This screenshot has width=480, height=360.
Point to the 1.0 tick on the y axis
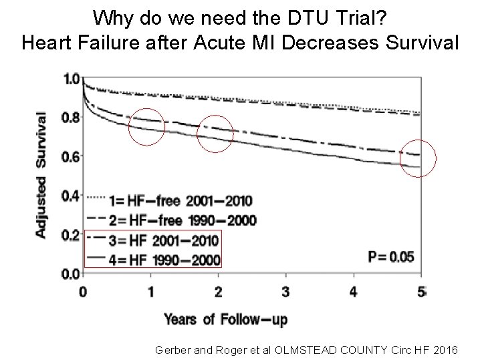[70, 79]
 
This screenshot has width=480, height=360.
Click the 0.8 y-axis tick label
[70, 118]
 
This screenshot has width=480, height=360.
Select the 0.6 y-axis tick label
[70, 157]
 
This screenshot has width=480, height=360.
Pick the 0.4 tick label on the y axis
[70, 196]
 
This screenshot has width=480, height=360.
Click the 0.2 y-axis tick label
[70, 234]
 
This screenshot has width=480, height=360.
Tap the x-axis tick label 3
[285, 291]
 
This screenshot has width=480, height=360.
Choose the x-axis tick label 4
[354, 291]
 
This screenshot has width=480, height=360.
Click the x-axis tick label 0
[83, 291]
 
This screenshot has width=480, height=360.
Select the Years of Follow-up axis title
[226, 319]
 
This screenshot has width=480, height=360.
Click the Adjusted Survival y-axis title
[41, 174]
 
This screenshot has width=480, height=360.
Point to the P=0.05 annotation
[391, 256]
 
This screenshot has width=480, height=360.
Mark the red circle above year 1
[146, 126]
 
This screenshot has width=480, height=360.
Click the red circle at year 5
[418, 159]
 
